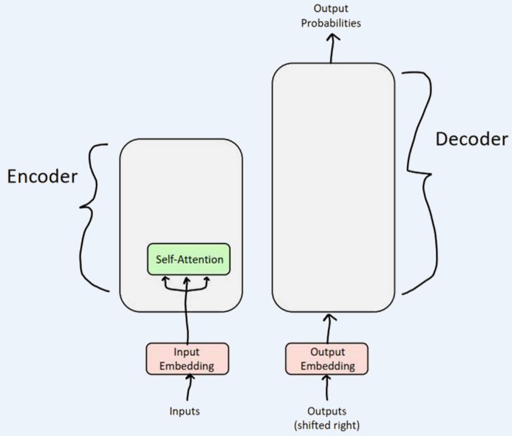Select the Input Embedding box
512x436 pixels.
pos(187,358)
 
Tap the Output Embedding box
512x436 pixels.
pos(327,358)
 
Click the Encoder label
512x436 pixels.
pos(42,176)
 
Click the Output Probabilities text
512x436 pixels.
pos(331,16)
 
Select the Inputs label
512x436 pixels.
pos(185,411)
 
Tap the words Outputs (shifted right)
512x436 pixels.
pos(327,418)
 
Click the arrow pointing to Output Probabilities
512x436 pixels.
pos(332,48)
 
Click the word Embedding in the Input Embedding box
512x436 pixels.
pos(187,365)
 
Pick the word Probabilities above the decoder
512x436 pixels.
pos(331,23)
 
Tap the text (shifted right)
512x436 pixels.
pos(327,425)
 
